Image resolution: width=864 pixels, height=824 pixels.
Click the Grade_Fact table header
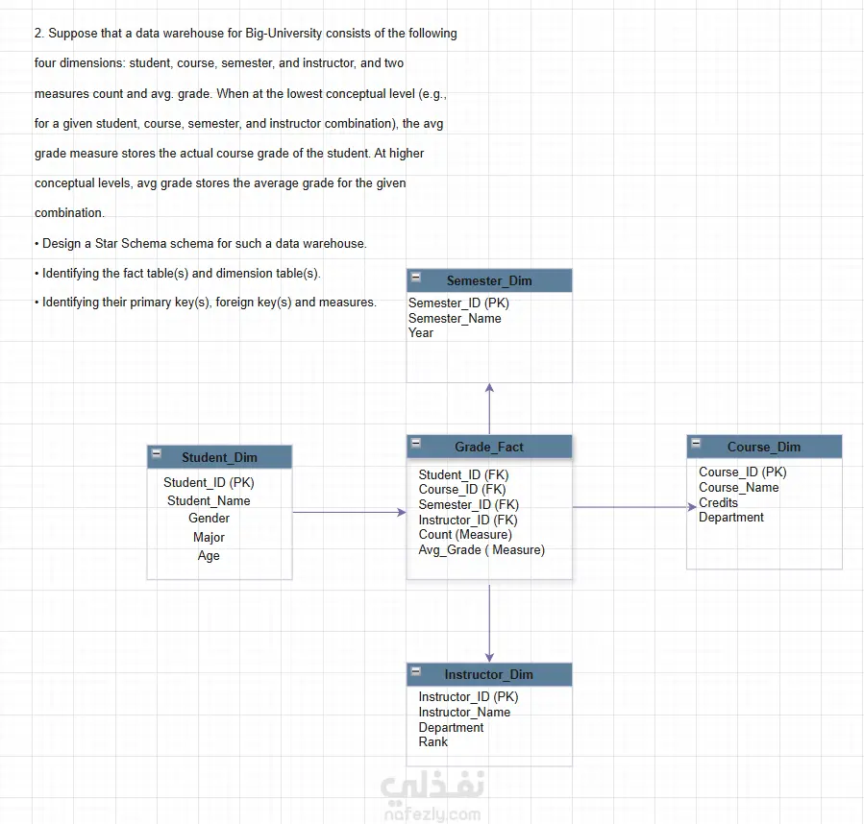point(489,447)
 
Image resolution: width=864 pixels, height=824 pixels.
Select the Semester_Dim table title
point(489,280)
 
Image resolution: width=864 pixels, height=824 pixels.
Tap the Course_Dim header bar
point(764,447)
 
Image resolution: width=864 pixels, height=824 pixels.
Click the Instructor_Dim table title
point(489,675)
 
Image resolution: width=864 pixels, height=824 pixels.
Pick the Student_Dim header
point(219,457)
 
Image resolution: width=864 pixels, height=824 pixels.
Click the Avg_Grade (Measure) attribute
point(481,549)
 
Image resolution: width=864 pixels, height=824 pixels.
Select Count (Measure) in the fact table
point(465,534)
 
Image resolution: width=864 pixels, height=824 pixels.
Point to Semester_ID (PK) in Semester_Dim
point(458,303)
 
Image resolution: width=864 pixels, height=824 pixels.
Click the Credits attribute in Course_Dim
point(718,502)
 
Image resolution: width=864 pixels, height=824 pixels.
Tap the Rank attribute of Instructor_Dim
point(433,742)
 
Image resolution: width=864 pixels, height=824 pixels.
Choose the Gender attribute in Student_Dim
point(209,519)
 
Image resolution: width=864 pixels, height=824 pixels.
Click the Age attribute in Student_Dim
point(209,556)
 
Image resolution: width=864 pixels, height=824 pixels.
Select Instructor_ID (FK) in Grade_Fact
point(468,520)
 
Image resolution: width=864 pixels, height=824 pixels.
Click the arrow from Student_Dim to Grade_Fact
point(349,512)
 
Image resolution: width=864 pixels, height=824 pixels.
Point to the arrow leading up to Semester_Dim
point(489,409)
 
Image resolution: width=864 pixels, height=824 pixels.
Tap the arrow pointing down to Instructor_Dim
point(489,623)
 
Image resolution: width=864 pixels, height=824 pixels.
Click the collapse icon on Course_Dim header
point(696,443)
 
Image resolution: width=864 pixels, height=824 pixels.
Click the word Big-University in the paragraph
point(284,33)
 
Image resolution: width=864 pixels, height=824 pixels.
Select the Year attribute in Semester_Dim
point(421,332)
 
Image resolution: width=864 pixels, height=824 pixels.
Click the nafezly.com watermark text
point(432,814)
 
